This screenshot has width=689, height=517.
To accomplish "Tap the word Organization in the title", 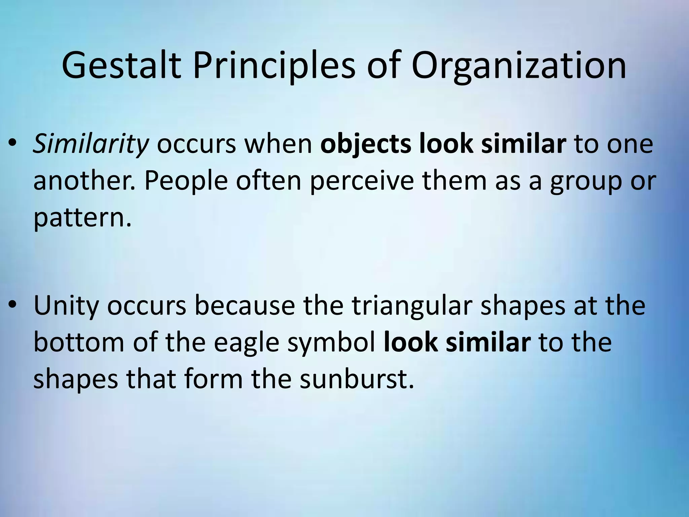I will pos(518,66).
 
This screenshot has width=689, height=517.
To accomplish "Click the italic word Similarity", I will pos(90,144).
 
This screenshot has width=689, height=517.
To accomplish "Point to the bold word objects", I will pos(366,144).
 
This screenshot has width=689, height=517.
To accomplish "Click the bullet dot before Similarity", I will pos(12,144).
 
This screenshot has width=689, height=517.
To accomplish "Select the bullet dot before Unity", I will pos(12,305).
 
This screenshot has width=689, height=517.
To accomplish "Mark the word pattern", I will pos(82,218).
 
